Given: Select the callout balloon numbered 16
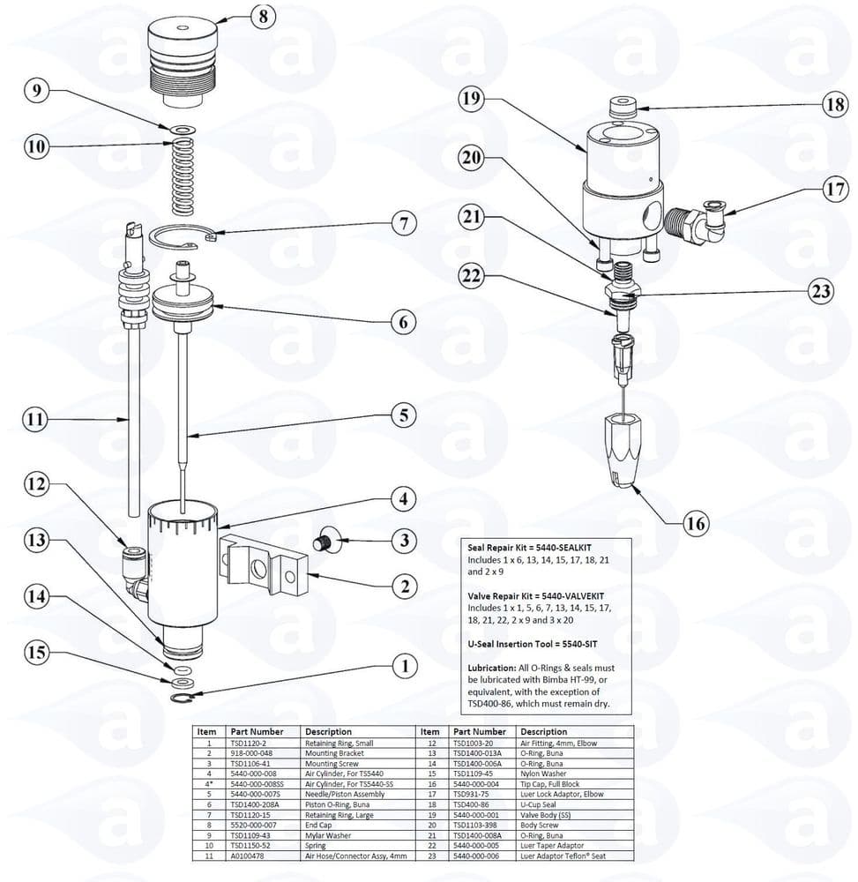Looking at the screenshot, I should [x=695, y=525].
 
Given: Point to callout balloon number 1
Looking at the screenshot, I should [x=405, y=667].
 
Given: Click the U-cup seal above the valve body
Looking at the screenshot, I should [x=623, y=109].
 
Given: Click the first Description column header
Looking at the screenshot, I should [x=328, y=732].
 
